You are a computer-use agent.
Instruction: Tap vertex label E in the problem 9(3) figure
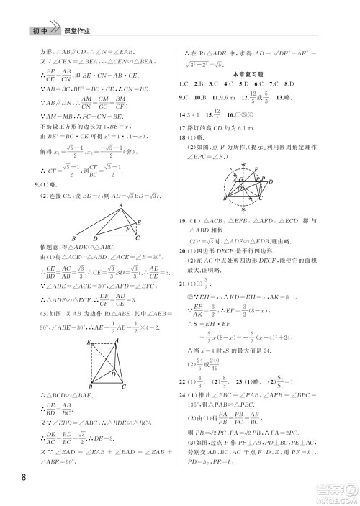click(x=87, y=343)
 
